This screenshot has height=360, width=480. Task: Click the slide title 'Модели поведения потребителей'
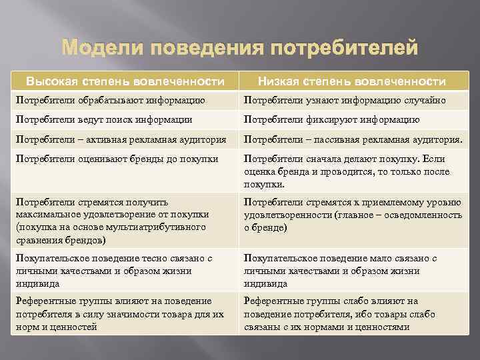coord(240,49)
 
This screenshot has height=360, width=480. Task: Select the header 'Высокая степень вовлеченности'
coord(125,81)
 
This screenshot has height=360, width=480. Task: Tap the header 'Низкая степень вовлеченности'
coord(353,81)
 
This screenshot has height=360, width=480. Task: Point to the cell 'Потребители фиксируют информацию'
coord(331,120)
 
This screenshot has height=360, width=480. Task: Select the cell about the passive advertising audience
coord(353,140)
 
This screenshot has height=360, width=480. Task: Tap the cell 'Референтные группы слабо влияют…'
coord(340,313)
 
